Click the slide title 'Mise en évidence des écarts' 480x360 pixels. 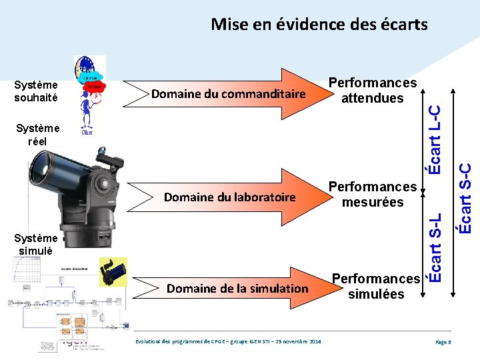(319, 25)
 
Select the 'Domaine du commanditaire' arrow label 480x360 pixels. (228, 94)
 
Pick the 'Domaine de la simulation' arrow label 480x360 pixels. (237, 289)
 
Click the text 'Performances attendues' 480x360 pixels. (373, 91)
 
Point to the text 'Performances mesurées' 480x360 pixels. (373, 194)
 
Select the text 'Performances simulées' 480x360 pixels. (376, 286)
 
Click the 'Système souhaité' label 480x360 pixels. (37, 91)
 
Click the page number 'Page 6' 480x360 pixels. (443, 342)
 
